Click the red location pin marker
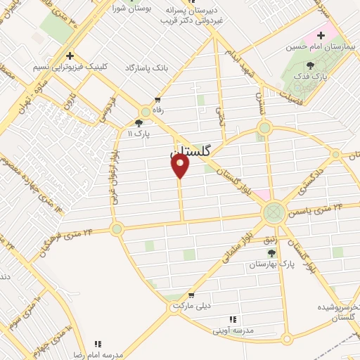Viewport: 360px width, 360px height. tap(181, 166)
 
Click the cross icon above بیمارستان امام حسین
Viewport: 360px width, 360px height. tap(321, 35)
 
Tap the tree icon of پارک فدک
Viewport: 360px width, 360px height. tap(310, 65)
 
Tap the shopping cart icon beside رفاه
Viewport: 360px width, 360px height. tap(157, 100)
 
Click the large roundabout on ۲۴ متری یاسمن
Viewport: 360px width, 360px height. tap(274, 212)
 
